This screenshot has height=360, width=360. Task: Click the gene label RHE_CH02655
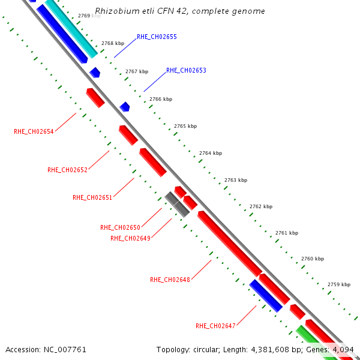click(x=157, y=37)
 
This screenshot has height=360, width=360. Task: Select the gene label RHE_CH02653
click(x=186, y=70)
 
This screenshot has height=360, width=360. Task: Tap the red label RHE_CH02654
click(x=34, y=131)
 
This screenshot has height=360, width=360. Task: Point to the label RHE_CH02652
click(x=67, y=170)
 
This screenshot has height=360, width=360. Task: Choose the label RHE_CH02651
click(x=92, y=197)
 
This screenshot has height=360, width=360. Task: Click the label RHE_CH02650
click(x=120, y=227)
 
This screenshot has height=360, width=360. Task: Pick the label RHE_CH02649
click(x=130, y=238)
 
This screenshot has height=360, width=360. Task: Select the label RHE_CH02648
click(x=170, y=280)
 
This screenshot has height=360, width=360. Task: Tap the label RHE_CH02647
click(x=215, y=326)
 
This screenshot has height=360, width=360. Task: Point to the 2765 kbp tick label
click(x=185, y=126)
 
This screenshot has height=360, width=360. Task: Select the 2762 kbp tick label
click(x=261, y=206)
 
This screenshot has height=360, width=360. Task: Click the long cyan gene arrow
click(x=71, y=28)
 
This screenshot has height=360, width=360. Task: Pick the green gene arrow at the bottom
click(x=311, y=340)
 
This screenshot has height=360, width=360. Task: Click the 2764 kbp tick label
click(x=211, y=153)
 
